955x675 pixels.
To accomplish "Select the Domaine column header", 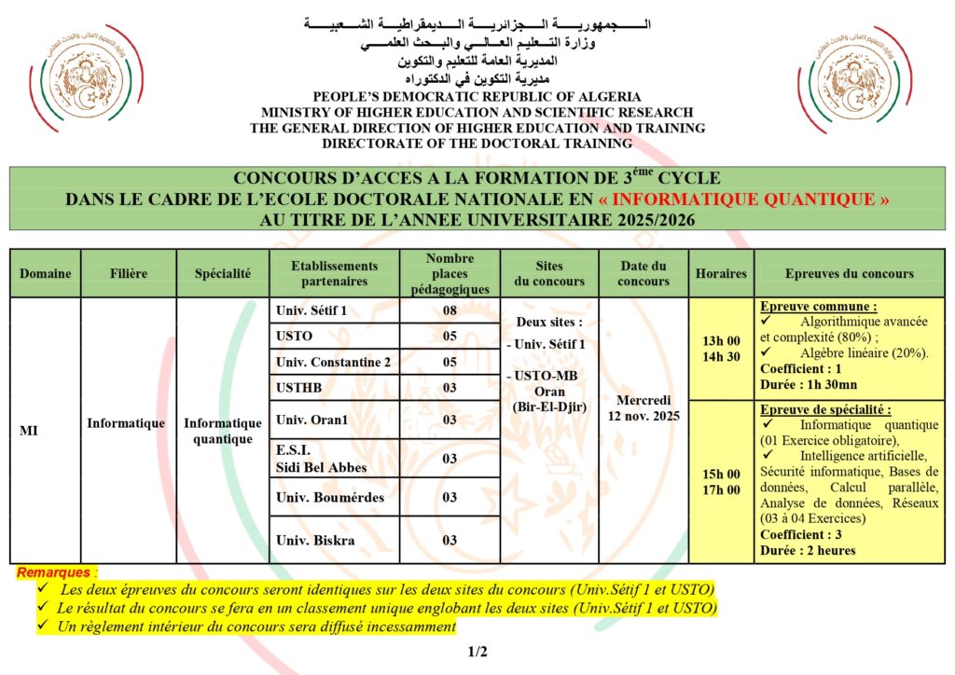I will [45, 274].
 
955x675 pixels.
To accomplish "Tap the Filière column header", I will [128, 274].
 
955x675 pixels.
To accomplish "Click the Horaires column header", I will [721, 274].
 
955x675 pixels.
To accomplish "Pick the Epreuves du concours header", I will [849, 274].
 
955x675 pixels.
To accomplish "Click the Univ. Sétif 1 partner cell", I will [311, 310].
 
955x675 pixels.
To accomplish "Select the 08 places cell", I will [450, 310].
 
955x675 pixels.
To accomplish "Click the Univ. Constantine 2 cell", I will [333, 362].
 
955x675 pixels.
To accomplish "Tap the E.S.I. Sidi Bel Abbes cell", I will [321, 459].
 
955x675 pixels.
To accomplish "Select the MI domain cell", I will [29, 431].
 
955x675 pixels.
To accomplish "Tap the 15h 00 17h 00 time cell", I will [721, 481].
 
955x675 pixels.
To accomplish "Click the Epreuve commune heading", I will [805, 307].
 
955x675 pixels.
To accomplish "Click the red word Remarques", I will [54, 572].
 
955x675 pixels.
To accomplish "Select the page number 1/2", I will [477, 652].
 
